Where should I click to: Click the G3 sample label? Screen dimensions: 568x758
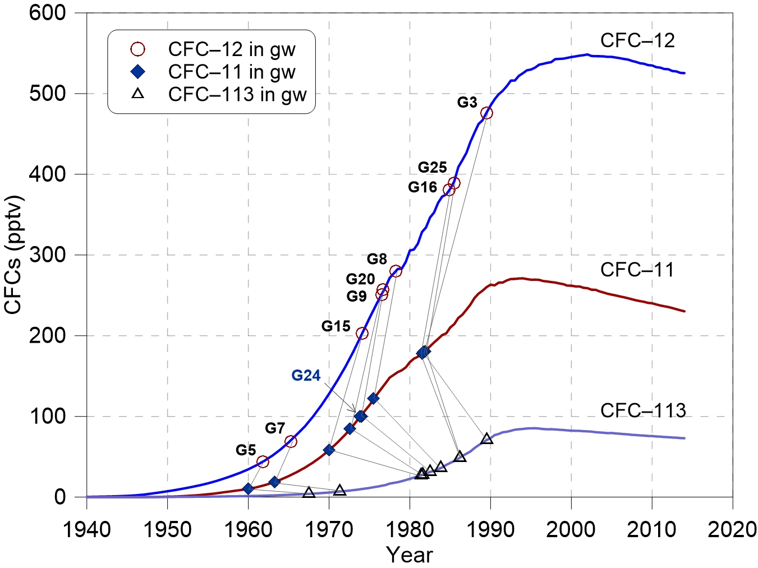pyautogui.click(x=467, y=103)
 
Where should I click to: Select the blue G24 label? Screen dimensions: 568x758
pyautogui.click(x=306, y=376)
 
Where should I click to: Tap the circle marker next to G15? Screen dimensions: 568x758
pyautogui.click(x=362, y=334)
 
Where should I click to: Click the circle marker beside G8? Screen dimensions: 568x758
pyautogui.click(x=396, y=271)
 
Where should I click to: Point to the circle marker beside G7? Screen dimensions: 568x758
pyautogui.click(x=291, y=442)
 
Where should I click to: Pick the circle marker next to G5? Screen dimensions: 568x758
pyautogui.click(x=263, y=462)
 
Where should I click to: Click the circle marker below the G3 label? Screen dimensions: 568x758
pyautogui.click(x=487, y=113)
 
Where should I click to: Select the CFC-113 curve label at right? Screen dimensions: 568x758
pyautogui.click(x=643, y=411)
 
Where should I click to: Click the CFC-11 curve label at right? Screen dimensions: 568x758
pyautogui.click(x=637, y=270)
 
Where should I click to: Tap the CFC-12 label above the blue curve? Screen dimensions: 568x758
pyautogui.click(x=637, y=41)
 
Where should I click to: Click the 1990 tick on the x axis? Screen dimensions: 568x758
pyautogui.click(x=490, y=530)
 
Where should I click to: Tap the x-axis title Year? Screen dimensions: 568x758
pyautogui.click(x=410, y=555)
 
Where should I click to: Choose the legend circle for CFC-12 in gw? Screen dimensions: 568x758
pyautogui.click(x=137, y=50)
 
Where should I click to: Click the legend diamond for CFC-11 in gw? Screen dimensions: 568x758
pyautogui.click(x=137, y=72)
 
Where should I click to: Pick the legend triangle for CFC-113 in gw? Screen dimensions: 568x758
pyautogui.click(x=137, y=94)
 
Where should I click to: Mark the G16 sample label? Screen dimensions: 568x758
pyautogui.click(x=422, y=187)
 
